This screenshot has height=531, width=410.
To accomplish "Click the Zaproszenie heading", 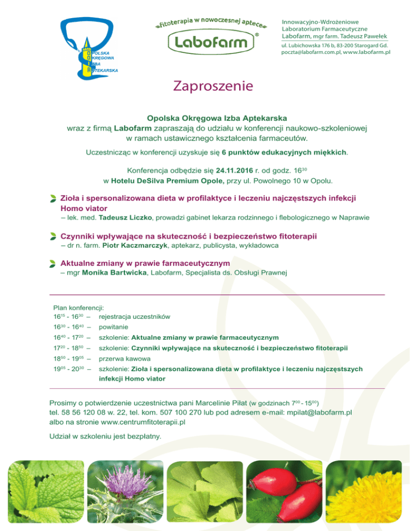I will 212,86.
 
